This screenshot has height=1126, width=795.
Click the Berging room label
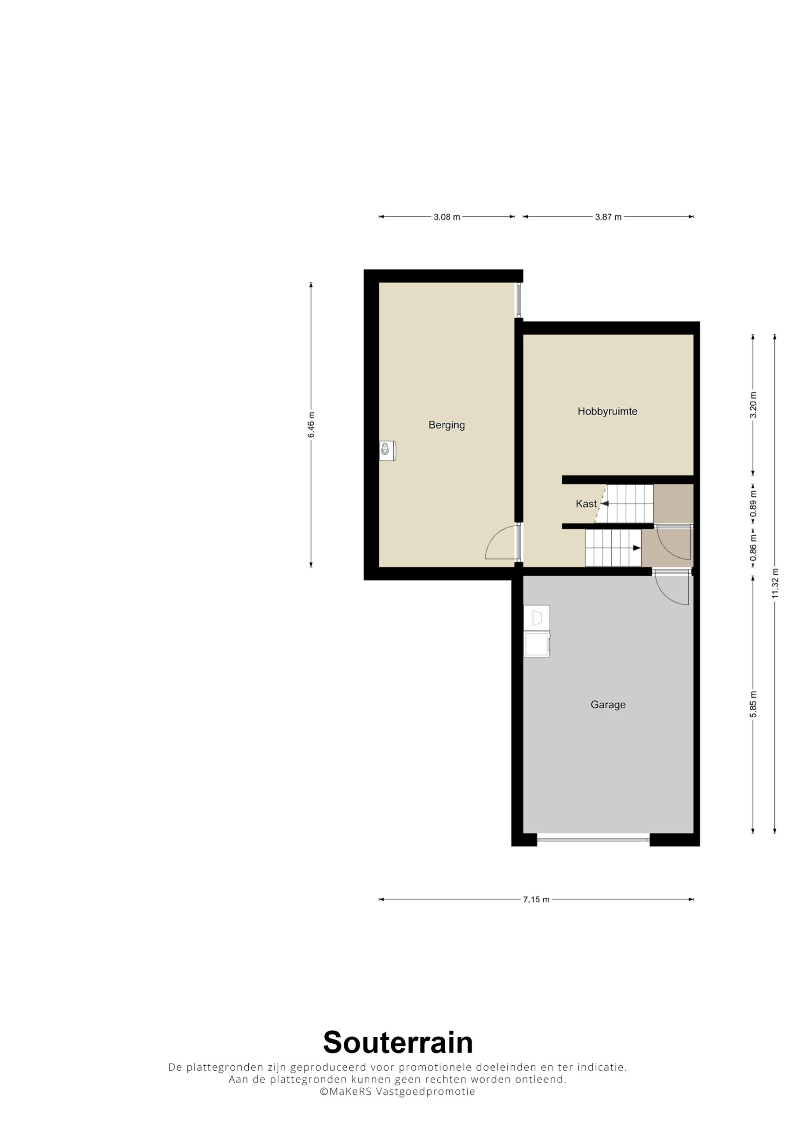[x=447, y=425]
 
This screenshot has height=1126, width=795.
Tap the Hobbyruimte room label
[x=607, y=411]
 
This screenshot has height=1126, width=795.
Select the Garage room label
[x=608, y=705]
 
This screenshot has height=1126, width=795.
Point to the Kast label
[x=586, y=504]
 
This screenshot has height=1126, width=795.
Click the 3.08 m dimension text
[x=447, y=217]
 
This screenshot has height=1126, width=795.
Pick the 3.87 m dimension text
[x=608, y=217]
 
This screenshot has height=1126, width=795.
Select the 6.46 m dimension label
[x=311, y=425]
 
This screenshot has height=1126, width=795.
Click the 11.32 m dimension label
[x=775, y=583]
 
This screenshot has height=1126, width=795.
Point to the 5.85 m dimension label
[x=753, y=704]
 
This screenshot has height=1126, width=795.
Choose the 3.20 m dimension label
[x=753, y=405]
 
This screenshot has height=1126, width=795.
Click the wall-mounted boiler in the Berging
[x=387, y=450]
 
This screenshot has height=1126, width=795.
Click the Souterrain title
[x=397, y=1042]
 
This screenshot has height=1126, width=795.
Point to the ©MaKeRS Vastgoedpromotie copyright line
[x=397, y=1092]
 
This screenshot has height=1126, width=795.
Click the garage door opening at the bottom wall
[x=593, y=840]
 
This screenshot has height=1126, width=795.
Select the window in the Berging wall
[x=519, y=300]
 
